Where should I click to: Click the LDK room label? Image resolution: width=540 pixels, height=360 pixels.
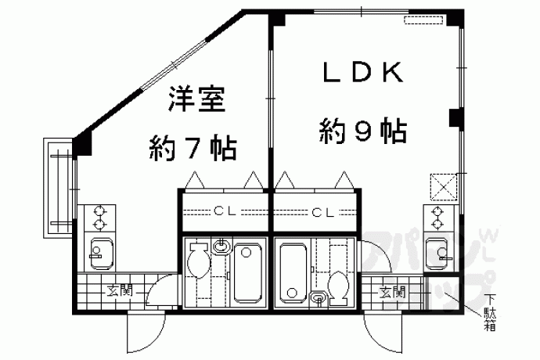[362, 72]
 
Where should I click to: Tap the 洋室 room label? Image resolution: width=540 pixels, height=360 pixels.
[196, 99]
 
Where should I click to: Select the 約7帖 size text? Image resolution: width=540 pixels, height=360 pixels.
[193, 149]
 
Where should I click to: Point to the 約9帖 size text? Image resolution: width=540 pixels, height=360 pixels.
[363, 131]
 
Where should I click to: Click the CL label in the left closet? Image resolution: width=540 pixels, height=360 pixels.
[225, 211]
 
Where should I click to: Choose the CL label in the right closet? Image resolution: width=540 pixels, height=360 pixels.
[322, 213]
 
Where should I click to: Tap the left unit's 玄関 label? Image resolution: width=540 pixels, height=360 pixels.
[119, 292]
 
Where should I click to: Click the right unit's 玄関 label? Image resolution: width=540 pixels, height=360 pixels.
[392, 293]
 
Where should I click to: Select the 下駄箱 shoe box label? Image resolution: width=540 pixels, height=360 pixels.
[490, 313]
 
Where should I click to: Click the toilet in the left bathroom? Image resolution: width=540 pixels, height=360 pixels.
[199, 259]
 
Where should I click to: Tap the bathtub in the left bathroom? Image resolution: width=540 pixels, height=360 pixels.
[247, 273]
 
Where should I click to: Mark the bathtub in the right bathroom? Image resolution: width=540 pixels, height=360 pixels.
[293, 273]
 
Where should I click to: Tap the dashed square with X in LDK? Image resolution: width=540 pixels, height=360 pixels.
[444, 187]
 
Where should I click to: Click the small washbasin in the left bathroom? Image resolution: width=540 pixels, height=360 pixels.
[221, 246]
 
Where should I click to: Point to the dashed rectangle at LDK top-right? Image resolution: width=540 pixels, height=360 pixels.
[423, 20]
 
